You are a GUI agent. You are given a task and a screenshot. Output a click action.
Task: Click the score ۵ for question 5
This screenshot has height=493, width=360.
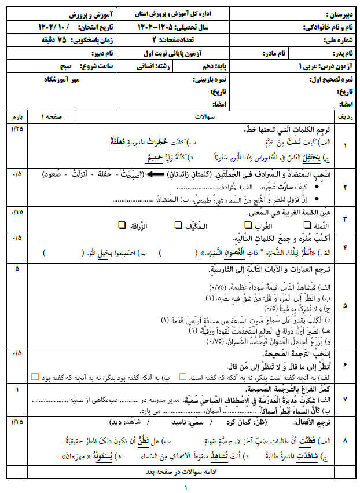tap(17, 269)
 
